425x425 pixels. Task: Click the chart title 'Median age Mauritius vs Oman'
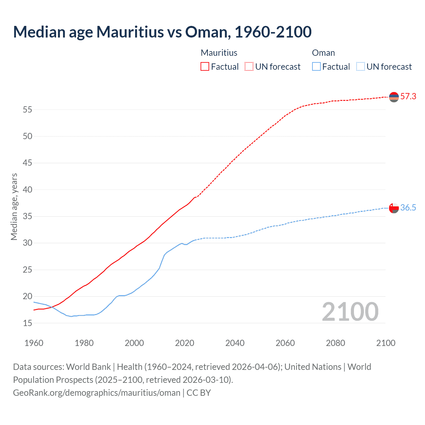(x=162, y=32)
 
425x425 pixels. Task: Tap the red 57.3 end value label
(x=408, y=97)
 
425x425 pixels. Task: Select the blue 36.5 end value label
(x=408, y=208)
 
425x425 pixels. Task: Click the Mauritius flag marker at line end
(x=394, y=97)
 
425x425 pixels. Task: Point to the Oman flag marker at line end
(x=394, y=208)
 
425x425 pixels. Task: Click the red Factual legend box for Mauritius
(x=205, y=67)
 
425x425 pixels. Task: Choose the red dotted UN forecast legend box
(x=249, y=67)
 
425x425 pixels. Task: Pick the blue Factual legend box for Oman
(x=316, y=67)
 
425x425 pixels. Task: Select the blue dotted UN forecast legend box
(x=360, y=67)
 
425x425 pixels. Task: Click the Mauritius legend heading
(x=219, y=53)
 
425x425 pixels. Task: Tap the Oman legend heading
(x=323, y=53)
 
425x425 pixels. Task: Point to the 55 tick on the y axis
(x=27, y=110)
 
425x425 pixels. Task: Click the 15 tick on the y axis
(x=27, y=323)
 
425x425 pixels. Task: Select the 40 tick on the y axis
(x=27, y=190)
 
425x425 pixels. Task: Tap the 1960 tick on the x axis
(x=34, y=343)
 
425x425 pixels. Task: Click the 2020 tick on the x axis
(x=185, y=343)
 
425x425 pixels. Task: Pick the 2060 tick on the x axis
(x=285, y=343)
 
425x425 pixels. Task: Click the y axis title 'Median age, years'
(x=14, y=207)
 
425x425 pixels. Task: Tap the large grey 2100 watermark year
(x=350, y=312)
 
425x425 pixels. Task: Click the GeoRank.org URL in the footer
(x=97, y=393)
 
